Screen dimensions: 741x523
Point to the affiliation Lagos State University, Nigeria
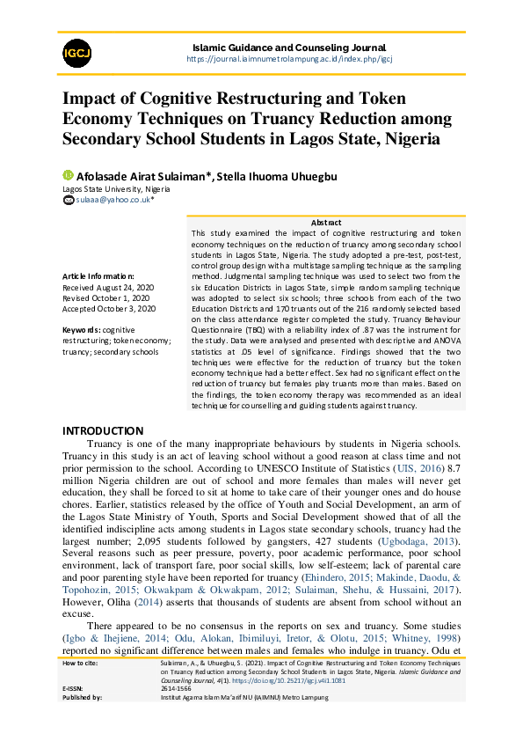115,189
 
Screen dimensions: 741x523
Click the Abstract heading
325,222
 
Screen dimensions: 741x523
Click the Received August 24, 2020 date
109,288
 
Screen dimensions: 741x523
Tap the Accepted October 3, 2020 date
108,309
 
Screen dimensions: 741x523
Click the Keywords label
83,330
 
